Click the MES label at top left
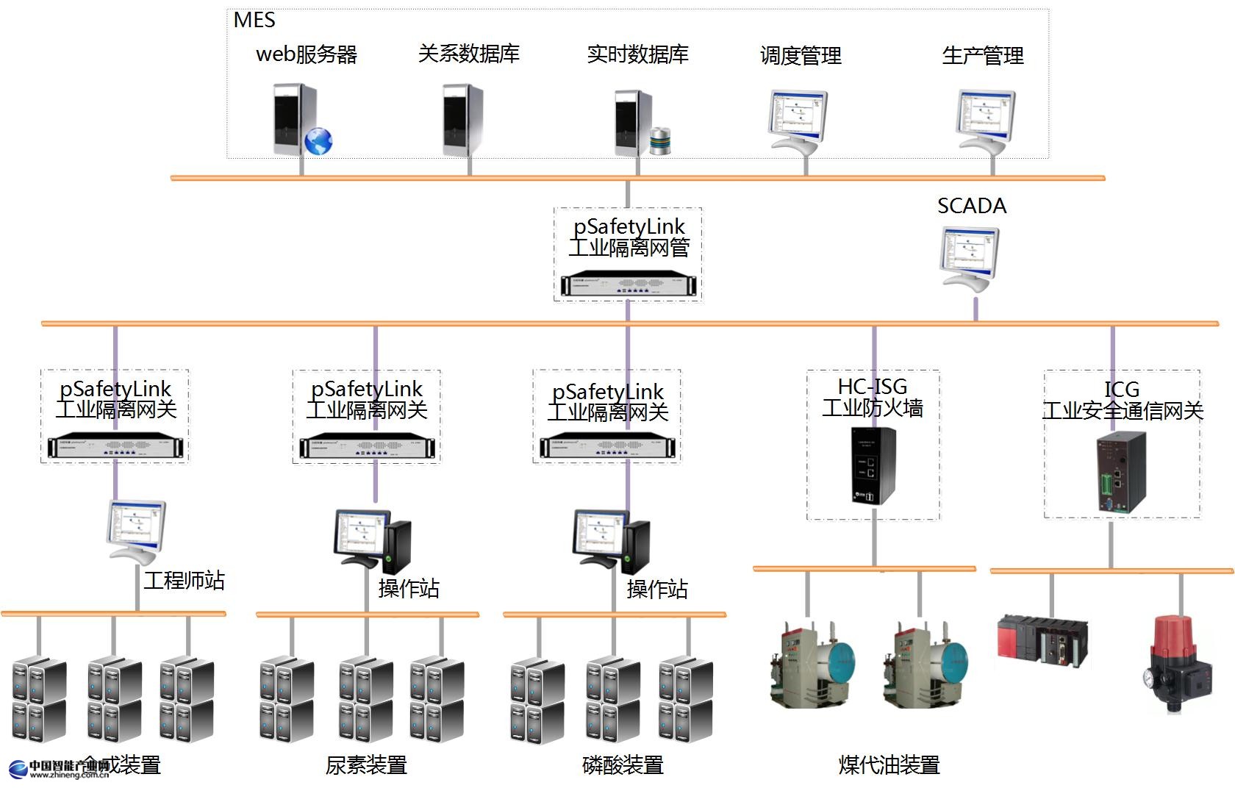click(254, 20)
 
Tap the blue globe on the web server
click(318, 140)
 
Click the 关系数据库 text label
click(468, 54)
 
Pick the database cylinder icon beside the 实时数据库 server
click(661, 140)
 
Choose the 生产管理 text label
click(983, 55)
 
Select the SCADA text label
click(971, 206)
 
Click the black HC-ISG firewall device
click(873, 465)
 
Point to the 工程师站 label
click(184, 581)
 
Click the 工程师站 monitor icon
click(136, 531)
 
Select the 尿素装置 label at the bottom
click(366, 765)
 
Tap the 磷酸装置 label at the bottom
click(623, 765)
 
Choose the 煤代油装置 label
click(889, 765)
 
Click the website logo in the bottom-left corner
click(59, 769)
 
